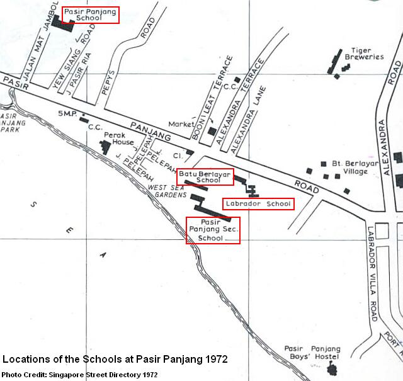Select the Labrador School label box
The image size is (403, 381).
(259, 204)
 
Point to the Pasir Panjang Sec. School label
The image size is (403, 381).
(213, 230)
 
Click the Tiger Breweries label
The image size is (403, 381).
(361, 53)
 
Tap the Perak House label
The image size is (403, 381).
(118, 138)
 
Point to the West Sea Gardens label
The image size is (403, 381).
(167, 191)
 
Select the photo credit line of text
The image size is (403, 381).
(79, 375)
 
